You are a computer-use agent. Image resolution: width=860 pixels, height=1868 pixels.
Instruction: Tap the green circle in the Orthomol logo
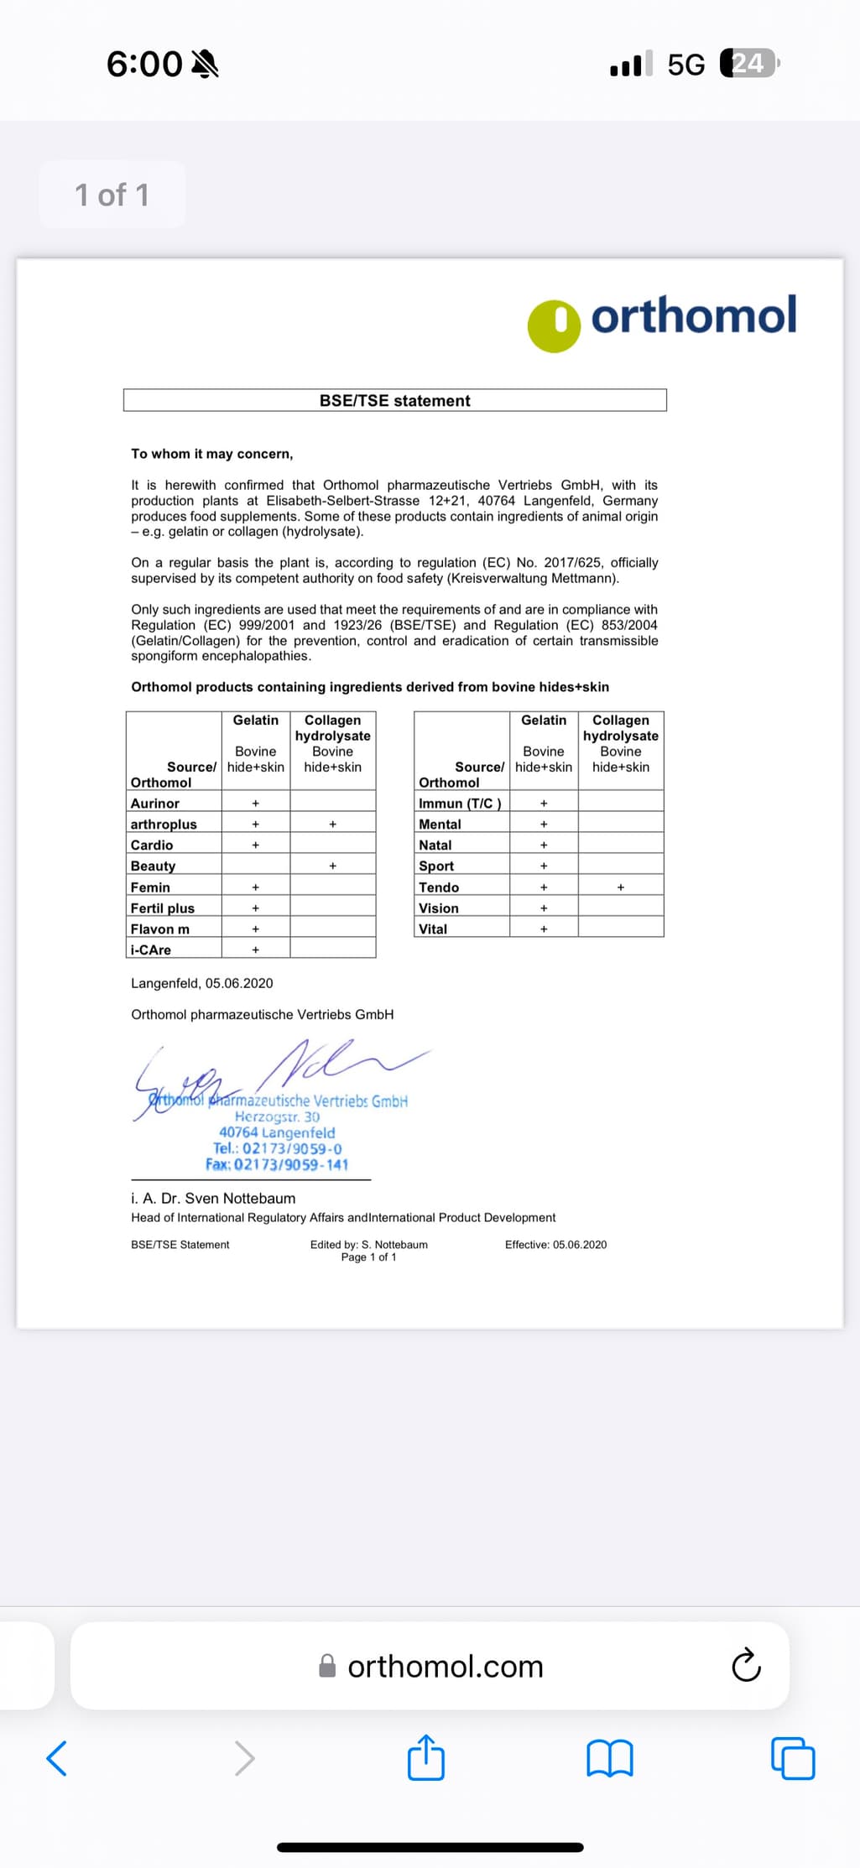(x=554, y=325)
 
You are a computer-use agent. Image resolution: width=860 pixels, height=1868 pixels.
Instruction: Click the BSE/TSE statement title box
(x=394, y=400)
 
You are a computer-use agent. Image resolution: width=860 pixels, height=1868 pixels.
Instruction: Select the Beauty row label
(x=154, y=866)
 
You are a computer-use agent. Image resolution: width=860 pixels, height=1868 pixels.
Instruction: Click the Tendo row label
(x=439, y=887)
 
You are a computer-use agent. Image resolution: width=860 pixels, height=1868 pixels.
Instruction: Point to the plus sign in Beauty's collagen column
(x=333, y=866)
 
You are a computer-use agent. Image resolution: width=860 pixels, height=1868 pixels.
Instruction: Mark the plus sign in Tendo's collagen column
(x=621, y=887)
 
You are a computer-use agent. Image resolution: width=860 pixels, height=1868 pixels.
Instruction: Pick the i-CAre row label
(x=151, y=950)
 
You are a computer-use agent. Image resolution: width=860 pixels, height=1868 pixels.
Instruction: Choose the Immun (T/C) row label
(x=460, y=803)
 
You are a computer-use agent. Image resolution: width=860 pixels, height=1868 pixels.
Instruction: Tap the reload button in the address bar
(x=746, y=1665)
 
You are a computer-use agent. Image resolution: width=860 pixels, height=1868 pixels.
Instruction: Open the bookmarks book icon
(x=610, y=1758)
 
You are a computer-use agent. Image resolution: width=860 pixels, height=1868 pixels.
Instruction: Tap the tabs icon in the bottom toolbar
(x=793, y=1758)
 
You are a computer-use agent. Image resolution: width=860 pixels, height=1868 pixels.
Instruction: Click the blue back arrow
(x=57, y=1758)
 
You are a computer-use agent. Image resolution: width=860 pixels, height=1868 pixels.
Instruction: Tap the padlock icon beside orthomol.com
(x=327, y=1666)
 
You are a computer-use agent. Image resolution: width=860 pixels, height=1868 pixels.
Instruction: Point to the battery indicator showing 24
(x=749, y=64)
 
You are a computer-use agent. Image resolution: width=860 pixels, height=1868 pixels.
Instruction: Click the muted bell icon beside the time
(x=206, y=64)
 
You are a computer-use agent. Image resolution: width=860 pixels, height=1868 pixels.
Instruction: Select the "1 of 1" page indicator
(x=112, y=195)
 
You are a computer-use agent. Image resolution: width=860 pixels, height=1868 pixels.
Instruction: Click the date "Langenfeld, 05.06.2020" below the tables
(x=202, y=983)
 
